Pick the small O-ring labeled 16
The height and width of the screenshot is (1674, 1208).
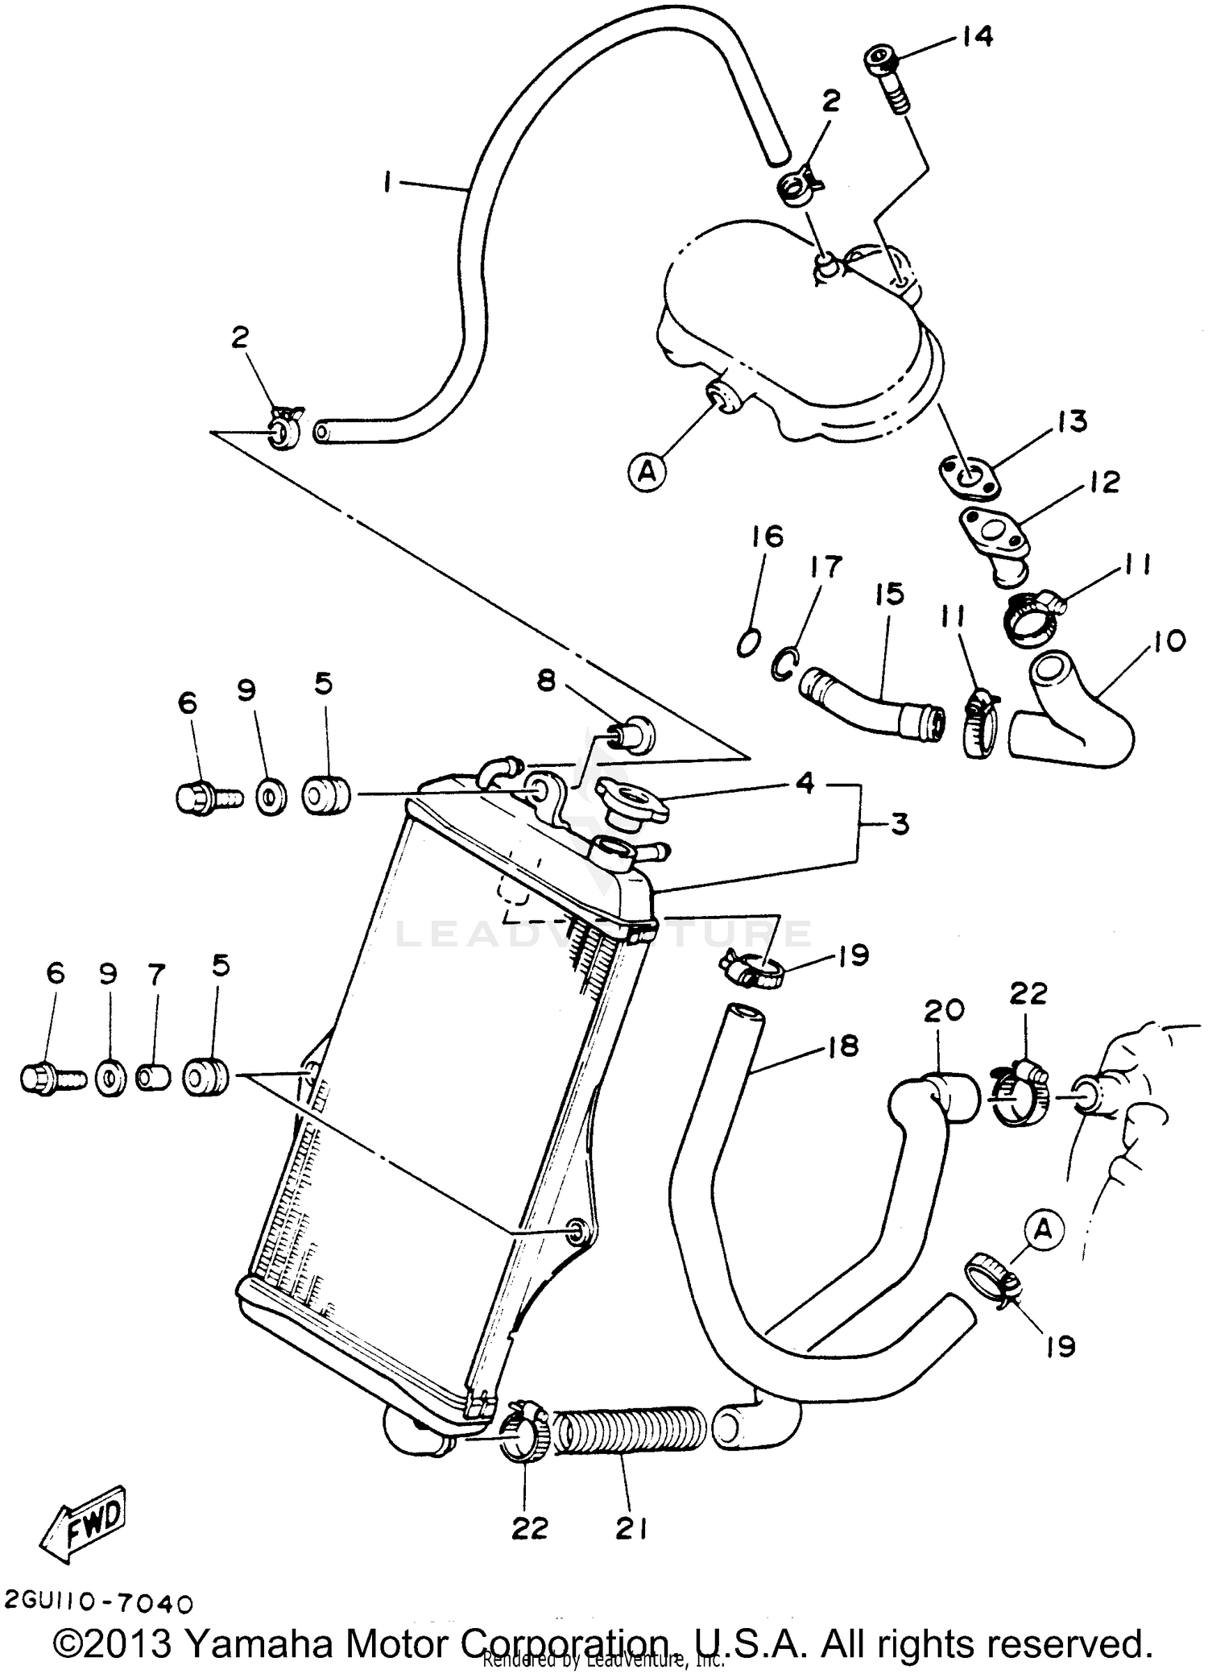748,644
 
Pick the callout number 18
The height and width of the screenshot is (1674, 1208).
842,1046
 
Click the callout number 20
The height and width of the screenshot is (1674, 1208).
943,1009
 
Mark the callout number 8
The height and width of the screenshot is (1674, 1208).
546,681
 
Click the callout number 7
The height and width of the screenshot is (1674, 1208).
156,975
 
